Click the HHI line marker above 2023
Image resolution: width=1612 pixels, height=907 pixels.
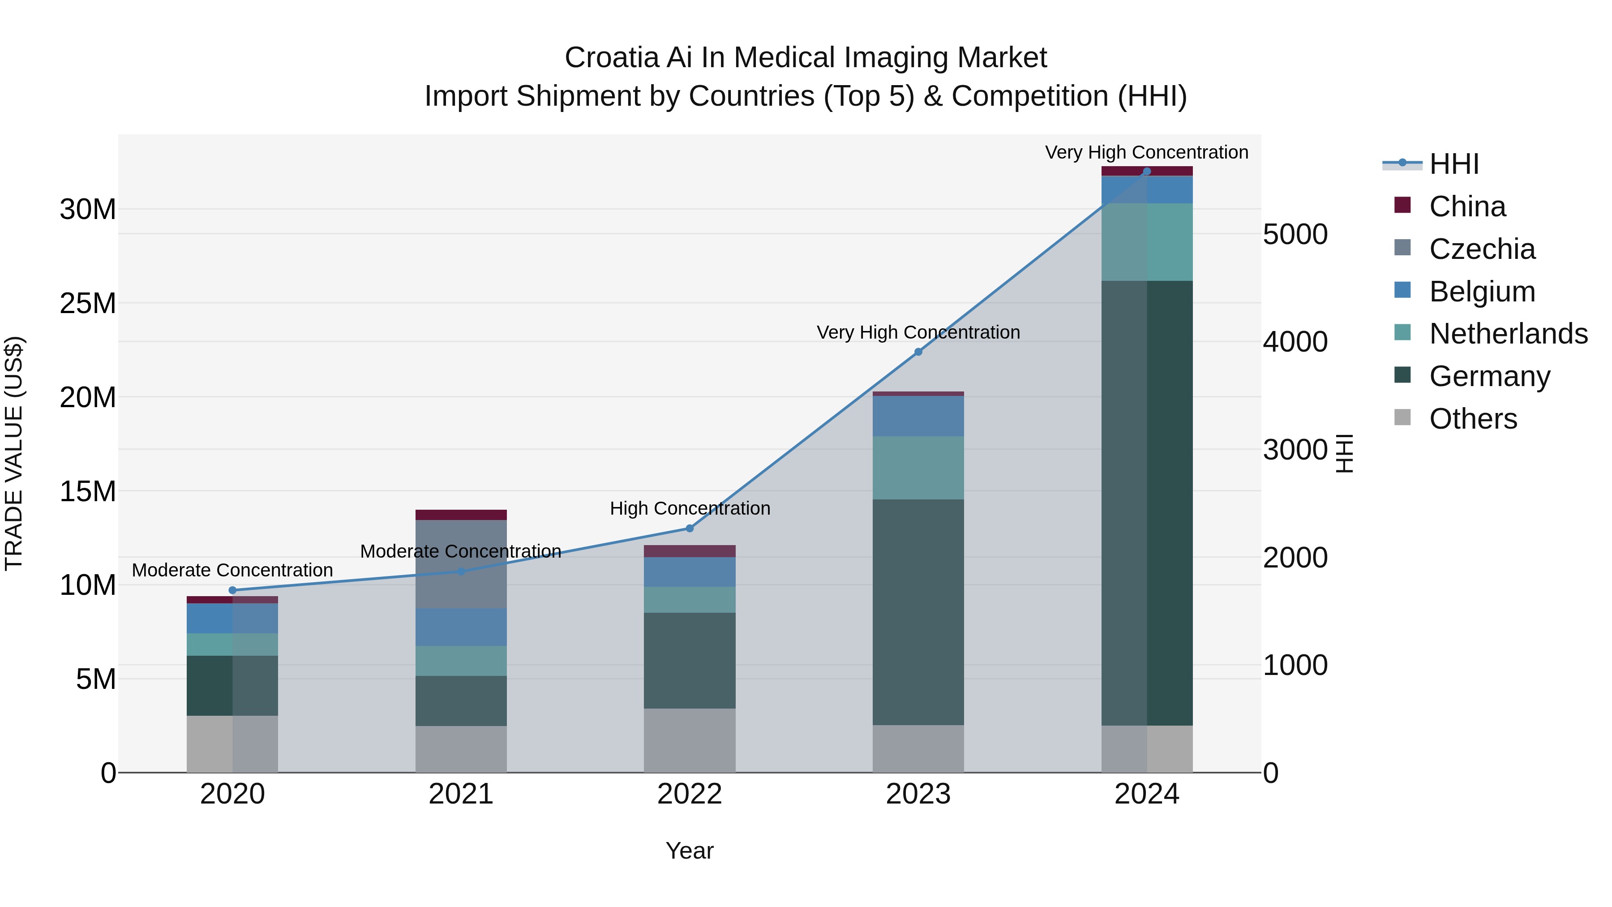tap(918, 352)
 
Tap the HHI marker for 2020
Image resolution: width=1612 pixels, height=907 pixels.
tap(233, 590)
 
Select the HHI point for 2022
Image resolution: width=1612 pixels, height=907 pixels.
tap(690, 529)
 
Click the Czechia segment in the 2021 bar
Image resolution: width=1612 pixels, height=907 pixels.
tap(461, 563)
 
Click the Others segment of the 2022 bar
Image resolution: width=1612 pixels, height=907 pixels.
tap(690, 740)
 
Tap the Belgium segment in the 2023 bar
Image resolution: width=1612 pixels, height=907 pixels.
tap(918, 416)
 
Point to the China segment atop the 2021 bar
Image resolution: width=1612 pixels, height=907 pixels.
tap(461, 515)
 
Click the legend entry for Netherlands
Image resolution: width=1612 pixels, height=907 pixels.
tap(1508, 334)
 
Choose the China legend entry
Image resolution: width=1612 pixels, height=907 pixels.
tap(1467, 206)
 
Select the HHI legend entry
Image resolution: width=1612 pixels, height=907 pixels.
tap(1453, 164)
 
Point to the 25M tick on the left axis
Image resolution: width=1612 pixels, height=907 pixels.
tap(88, 304)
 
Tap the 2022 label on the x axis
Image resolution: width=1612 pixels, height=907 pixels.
tap(690, 794)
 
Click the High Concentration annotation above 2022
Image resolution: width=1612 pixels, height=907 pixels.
tap(690, 508)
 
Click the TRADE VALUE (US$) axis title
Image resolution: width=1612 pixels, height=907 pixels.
tap(14, 453)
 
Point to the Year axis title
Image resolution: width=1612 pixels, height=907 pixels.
tap(690, 851)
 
